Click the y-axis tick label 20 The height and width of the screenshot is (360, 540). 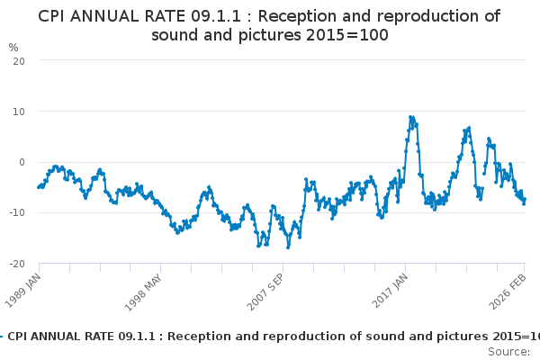(x=18, y=60)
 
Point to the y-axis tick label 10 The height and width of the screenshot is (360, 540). (x=18, y=111)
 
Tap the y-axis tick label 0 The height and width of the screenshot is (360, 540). (x=21, y=162)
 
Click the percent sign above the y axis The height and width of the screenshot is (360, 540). (x=13, y=47)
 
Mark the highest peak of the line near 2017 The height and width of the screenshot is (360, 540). (x=410, y=117)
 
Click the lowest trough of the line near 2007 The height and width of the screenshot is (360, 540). (x=288, y=247)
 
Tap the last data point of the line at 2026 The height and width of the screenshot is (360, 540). (x=525, y=200)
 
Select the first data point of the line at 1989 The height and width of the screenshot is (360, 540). (x=38, y=187)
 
